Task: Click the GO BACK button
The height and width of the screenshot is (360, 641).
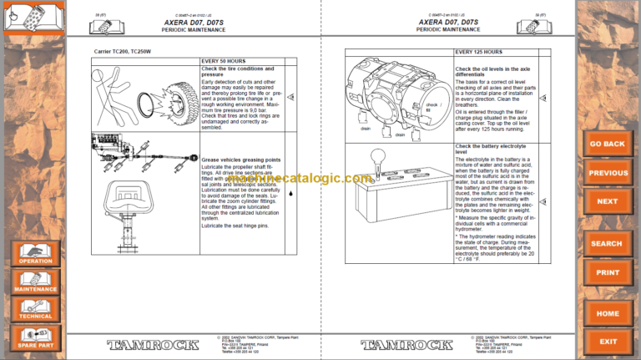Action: pyautogui.click(x=608, y=144)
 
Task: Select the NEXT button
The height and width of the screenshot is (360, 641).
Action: pyautogui.click(x=608, y=201)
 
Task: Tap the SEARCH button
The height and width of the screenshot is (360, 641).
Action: pyautogui.click(x=608, y=244)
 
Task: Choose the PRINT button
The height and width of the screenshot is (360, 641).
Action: pyautogui.click(x=608, y=272)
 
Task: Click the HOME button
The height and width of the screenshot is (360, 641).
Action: pyautogui.click(x=608, y=313)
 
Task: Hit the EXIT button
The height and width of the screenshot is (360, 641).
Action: pyautogui.click(x=608, y=341)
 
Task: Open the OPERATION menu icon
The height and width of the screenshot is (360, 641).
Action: pyautogui.click(x=35, y=253)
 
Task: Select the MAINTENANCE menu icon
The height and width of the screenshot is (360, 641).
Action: pyautogui.click(x=35, y=281)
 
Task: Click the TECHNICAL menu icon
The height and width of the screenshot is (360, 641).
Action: pyautogui.click(x=35, y=309)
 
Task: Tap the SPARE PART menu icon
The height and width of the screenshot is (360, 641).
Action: pyautogui.click(x=35, y=337)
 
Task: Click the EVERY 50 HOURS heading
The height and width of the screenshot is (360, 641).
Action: pyautogui.click(x=224, y=61)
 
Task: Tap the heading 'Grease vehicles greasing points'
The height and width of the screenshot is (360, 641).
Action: pyautogui.click(x=241, y=159)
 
